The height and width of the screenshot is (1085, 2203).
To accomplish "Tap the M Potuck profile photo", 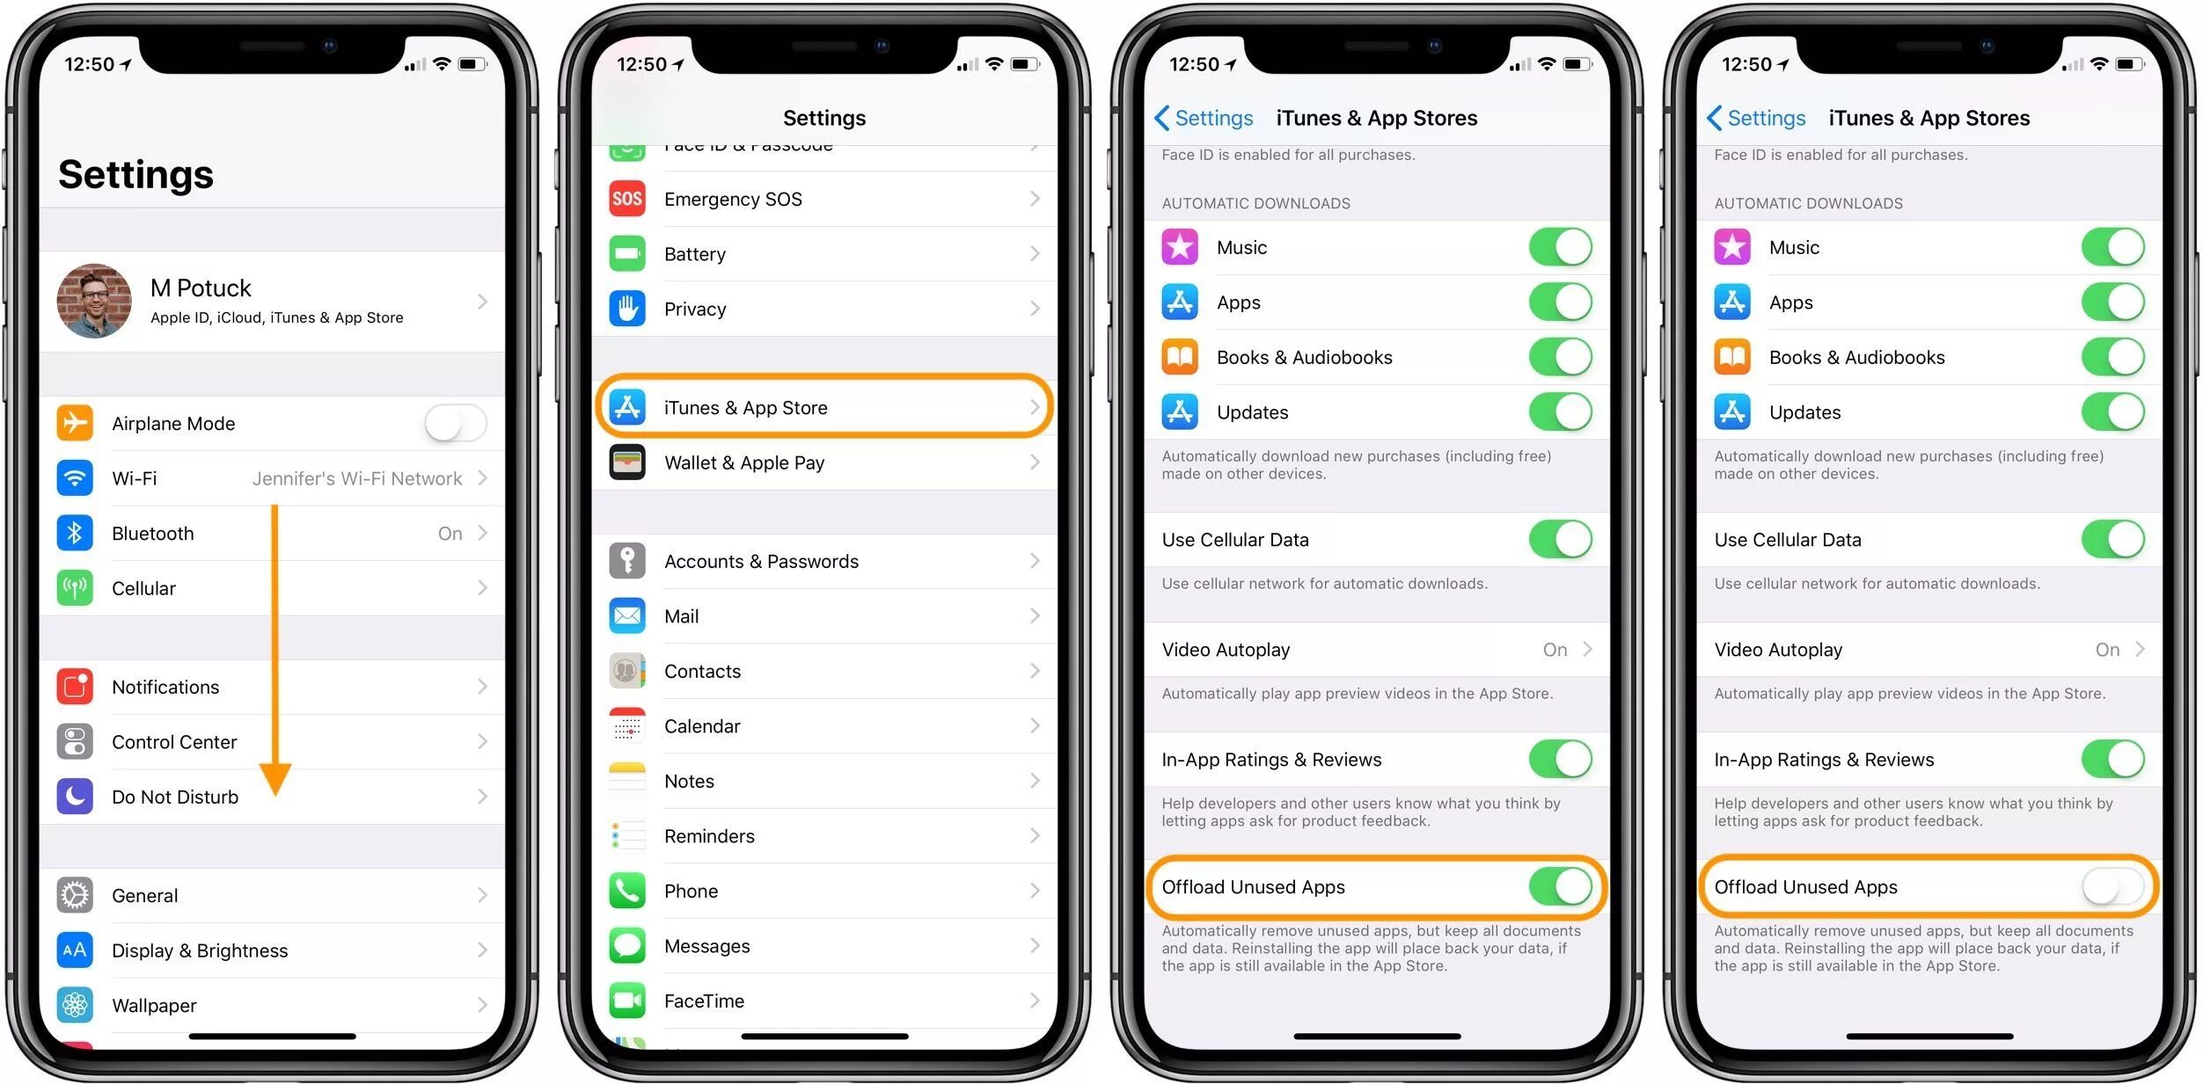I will pos(94,301).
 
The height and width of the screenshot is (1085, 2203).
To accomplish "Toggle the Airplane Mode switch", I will pos(455,424).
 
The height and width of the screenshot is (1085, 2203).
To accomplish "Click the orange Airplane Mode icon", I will pos(75,423).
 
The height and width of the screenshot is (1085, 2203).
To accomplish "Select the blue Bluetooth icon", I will pos(75,533).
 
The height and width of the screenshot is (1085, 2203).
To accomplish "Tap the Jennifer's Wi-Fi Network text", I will pos(356,478).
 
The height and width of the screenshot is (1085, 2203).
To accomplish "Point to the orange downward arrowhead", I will pos(275,778).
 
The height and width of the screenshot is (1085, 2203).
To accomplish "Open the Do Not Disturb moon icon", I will pos(75,797).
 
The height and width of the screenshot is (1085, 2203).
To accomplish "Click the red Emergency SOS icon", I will pos(627,199).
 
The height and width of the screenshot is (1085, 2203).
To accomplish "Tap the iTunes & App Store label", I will pos(745,408).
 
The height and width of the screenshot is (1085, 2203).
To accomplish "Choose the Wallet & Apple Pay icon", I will pos(627,462).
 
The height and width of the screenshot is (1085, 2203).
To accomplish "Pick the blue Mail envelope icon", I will pos(627,616).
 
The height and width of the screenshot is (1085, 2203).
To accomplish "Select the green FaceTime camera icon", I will pos(627,1001).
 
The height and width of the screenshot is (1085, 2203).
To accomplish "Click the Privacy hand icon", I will pos(627,309).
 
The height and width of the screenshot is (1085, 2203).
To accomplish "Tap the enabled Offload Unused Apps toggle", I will pos(1560,886).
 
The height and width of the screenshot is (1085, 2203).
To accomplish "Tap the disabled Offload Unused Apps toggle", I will pos(2112,886).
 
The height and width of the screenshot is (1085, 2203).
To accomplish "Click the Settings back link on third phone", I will pos(1204,118).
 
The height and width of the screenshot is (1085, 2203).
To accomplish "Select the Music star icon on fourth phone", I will pos(1732,247).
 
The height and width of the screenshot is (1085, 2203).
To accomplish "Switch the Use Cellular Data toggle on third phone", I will pos(1560,539).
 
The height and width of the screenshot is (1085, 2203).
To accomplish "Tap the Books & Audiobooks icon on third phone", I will pos(1180,357).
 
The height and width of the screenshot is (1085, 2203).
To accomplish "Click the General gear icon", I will pos(75,895).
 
